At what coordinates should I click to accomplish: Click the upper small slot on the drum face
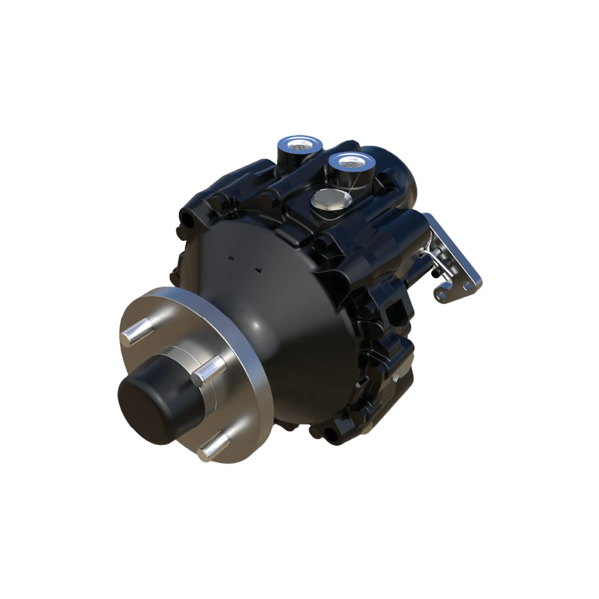231,257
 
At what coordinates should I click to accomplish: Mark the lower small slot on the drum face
258,269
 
